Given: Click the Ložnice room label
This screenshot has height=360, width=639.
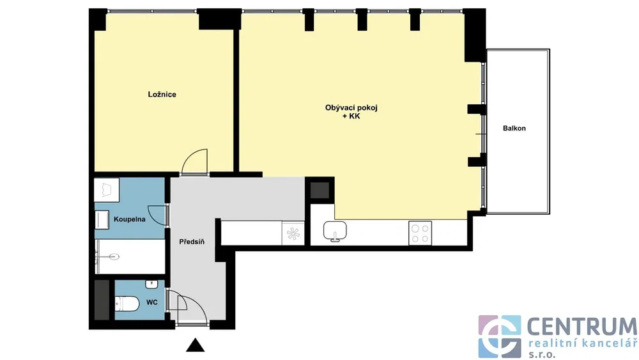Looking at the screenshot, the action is [162, 94].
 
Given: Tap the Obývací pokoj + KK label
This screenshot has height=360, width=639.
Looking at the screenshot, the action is [351, 112].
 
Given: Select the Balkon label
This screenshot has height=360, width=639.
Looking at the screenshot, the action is [514, 128].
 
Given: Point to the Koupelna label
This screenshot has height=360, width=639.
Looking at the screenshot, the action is [129, 219].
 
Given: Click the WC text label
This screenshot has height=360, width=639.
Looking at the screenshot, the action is [152, 302].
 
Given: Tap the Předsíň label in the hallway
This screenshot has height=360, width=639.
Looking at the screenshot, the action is [192, 242].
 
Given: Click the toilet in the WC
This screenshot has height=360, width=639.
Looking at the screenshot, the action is [127, 304].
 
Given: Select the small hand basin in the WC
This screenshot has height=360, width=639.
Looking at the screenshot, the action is [151, 284].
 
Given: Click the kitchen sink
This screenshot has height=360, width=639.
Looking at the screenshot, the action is [335, 231].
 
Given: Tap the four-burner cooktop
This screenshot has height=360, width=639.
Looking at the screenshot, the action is [420, 233].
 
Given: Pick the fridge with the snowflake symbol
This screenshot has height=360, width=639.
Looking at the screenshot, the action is [293, 233].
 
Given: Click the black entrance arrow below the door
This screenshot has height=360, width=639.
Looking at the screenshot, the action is [195, 345].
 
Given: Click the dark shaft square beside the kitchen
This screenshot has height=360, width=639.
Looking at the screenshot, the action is [319, 191].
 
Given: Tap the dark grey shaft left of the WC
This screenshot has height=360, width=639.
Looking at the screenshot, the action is [102, 300].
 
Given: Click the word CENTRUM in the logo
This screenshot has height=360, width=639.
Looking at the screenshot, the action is [582, 327].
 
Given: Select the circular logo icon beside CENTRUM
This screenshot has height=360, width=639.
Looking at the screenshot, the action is [500, 336].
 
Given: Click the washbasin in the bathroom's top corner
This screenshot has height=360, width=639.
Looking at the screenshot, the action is [106, 190].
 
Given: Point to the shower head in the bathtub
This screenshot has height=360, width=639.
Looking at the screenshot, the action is [114, 257].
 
